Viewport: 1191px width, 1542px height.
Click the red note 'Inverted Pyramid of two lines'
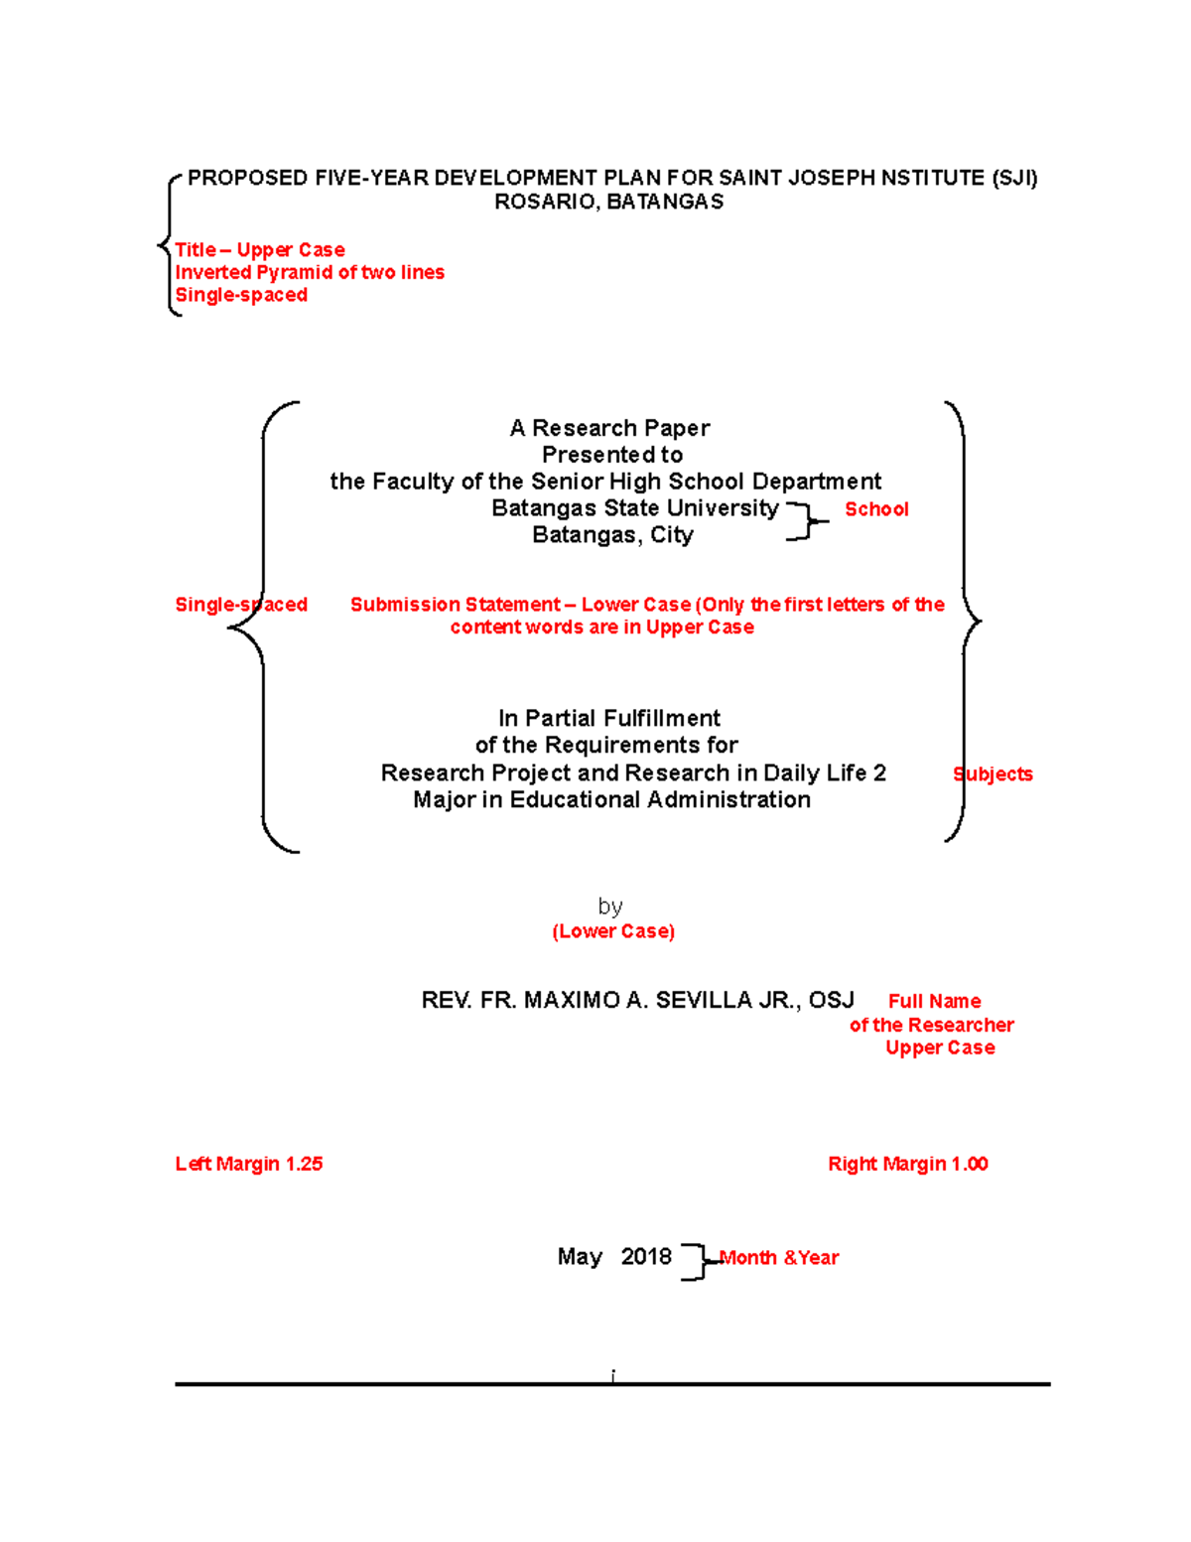310,273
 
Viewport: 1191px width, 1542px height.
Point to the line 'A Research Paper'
609,429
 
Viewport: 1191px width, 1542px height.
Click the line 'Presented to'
612,456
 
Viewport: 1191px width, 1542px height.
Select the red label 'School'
876,509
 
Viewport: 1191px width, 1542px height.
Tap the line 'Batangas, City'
612,536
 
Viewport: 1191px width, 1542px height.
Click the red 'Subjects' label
992,774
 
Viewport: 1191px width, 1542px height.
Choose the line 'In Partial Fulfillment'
609,719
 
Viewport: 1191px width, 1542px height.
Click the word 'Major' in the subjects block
444,800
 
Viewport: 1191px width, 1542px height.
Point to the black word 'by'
610,907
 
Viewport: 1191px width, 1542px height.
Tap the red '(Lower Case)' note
613,931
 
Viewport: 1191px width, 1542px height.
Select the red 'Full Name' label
934,1002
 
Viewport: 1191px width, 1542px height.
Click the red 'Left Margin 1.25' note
249,1165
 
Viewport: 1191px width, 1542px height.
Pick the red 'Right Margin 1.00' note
908,1165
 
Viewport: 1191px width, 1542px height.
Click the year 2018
646,1257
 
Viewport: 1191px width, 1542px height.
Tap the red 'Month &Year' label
780,1258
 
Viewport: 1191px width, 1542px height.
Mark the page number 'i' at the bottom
613,1375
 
